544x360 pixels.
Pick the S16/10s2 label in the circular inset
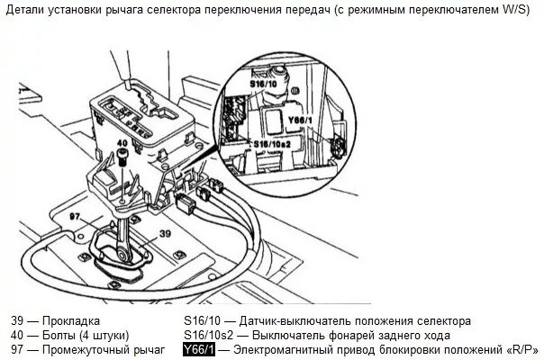pos(272,142)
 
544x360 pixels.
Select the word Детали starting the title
pos(29,11)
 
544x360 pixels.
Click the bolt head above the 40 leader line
pos(121,159)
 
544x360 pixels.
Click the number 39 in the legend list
pos(19,320)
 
